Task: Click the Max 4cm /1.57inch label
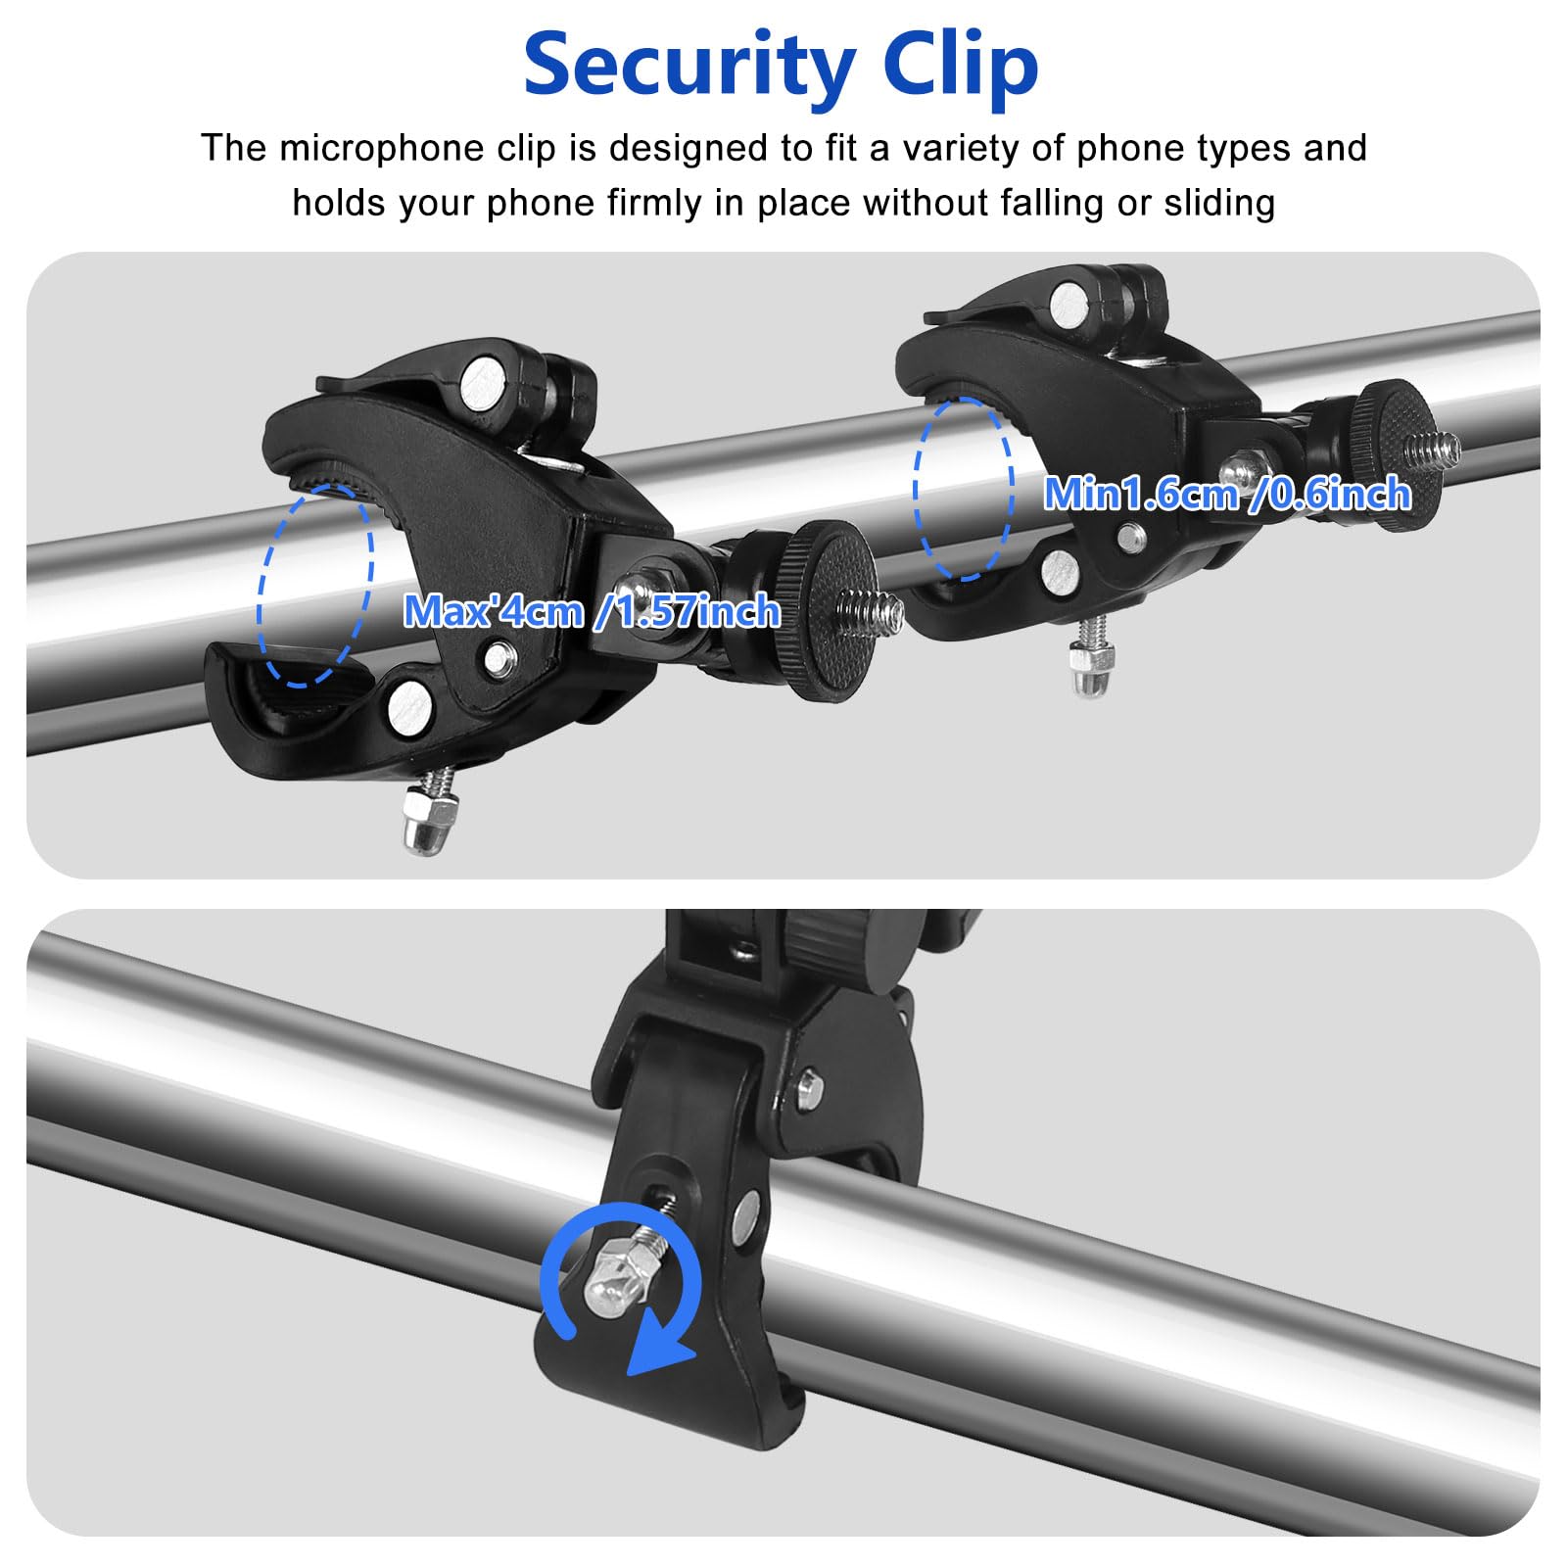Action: (x=592, y=612)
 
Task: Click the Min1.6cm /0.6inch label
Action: (x=1226, y=494)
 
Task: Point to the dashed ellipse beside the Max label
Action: (x=315, y=585)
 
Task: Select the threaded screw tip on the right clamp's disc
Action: (x=1432, y=449)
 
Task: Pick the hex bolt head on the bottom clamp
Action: (x=810, y=1086)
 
